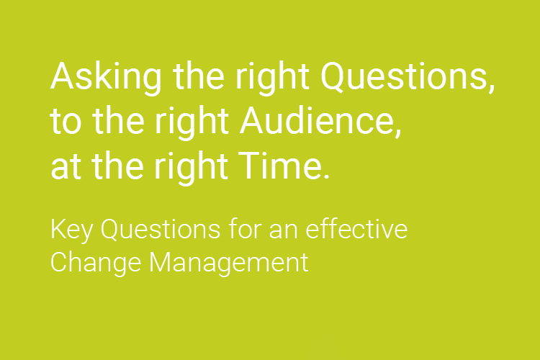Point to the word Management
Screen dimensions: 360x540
pyautogui.click(x=229, y=262)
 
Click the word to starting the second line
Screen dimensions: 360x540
pyautogui.click(x=64, y=122)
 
